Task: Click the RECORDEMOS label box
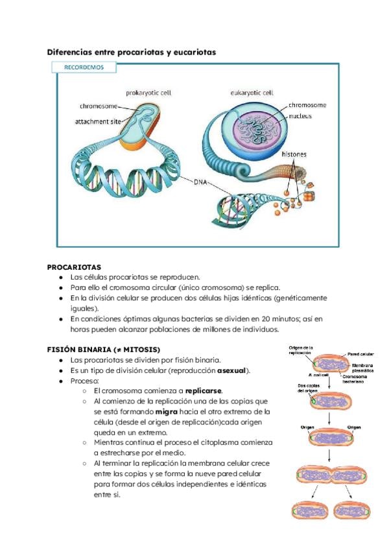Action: (x=84, y=67)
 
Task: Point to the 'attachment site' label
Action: (x=101, y=121)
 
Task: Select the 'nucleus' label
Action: (x=301, y=116)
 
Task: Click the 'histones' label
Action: (x=294, y=154)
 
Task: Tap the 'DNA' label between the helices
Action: (x=201, y=184)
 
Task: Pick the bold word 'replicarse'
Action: (x=204, y=391)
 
